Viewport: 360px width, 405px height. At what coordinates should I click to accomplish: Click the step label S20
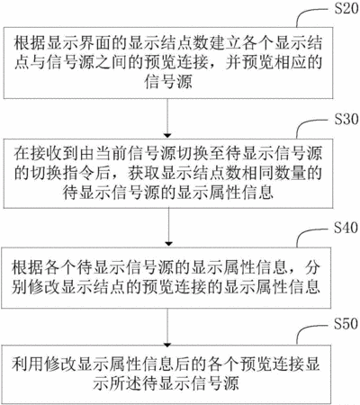pyautogui.click(x=346, y=9)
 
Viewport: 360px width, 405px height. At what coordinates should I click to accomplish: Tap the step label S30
pyautogui.click(x=346, y=119)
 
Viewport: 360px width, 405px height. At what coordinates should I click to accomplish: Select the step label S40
pyautogui.click(x=346, y=228)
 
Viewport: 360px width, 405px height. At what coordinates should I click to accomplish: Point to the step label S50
pyautogui.click(x=346, y=324)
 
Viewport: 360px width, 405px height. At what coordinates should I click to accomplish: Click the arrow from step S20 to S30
pyautogui.click(x=167, y=118)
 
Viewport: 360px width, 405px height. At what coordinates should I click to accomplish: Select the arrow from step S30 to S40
pyautogui.click(x=168, y=227)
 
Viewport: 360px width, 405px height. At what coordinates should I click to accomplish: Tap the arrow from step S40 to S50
pyautogui.click(x=167, y=328)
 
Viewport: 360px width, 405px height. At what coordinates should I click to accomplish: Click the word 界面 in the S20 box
pyautogui.click(x=87, y=43)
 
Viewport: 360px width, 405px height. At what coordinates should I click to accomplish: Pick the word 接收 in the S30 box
pyautogui.click(x=46, y=154)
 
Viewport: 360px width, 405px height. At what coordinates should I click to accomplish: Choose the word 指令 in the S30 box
pyautogui.click(x=79, y=173)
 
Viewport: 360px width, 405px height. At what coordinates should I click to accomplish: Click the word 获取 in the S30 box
pyautogui.click(x=145, y=173)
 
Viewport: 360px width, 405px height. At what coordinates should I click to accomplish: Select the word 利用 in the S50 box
pyautogui.click(x=28, y=364)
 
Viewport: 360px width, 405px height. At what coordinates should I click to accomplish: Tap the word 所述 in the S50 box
pyautogui.click(x=125, y=383)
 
